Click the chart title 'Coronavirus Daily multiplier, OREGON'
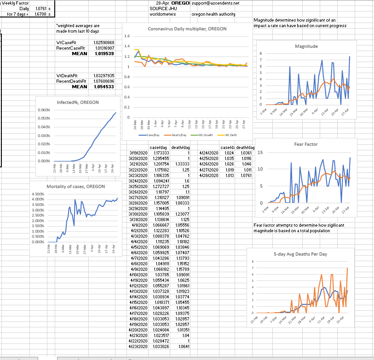tap(187, 29)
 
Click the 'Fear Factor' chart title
tap(306, 144)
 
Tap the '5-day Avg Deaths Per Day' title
tap(301, 254)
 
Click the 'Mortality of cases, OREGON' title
tap(75, 186)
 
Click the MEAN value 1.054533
tap(105, 86)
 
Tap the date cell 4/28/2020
tap(208, 175)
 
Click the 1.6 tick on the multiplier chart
tap(127, 36)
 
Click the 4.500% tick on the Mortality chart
tap(38, 194)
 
